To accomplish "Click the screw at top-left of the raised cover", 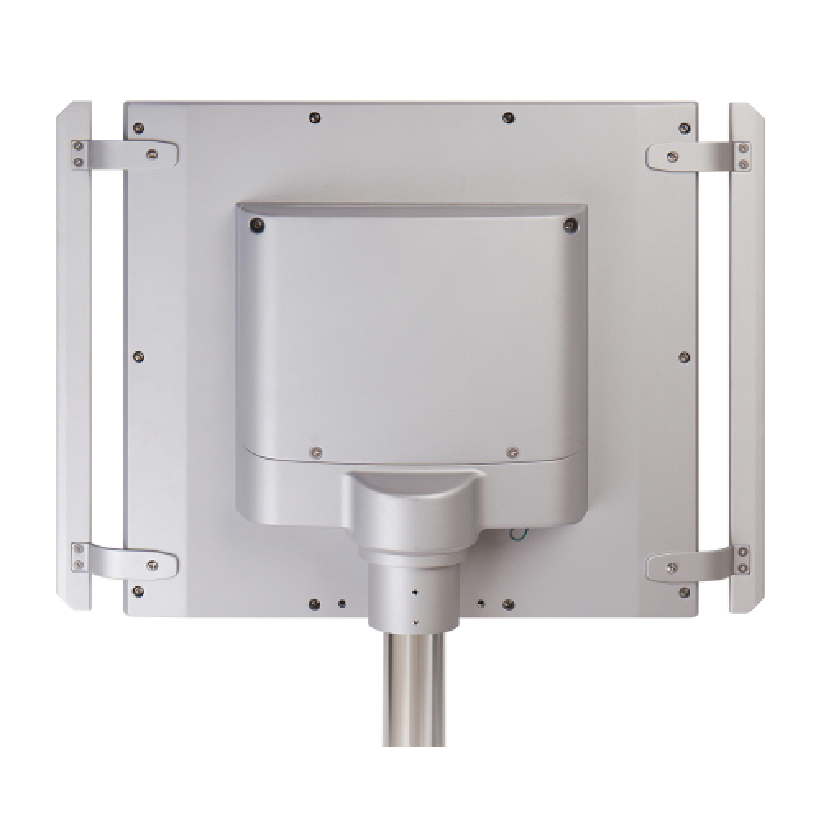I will [256, 223].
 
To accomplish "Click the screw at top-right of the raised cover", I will [569, 222].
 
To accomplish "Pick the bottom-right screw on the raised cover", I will [512, 451].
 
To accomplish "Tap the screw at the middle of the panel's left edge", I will [138, 355].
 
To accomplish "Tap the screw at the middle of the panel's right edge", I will [685, 356].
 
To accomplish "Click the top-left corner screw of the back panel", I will [139, 127].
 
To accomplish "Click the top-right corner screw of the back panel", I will [684, 128].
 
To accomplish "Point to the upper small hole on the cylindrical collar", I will [415, 593].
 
